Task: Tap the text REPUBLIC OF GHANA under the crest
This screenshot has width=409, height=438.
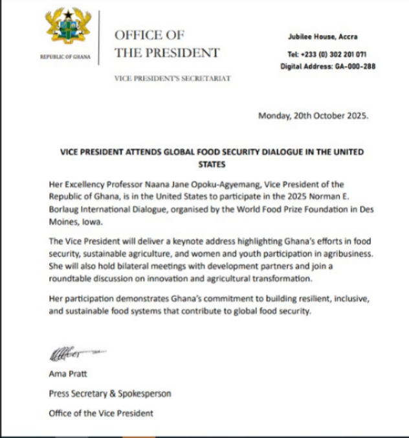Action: tap(66, 57)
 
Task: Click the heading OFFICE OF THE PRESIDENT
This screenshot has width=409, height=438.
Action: tap(166, 43)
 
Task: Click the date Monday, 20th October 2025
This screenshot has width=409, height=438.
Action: tap(313, 117)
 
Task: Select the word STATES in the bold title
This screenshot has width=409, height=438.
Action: tap(208, 165)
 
